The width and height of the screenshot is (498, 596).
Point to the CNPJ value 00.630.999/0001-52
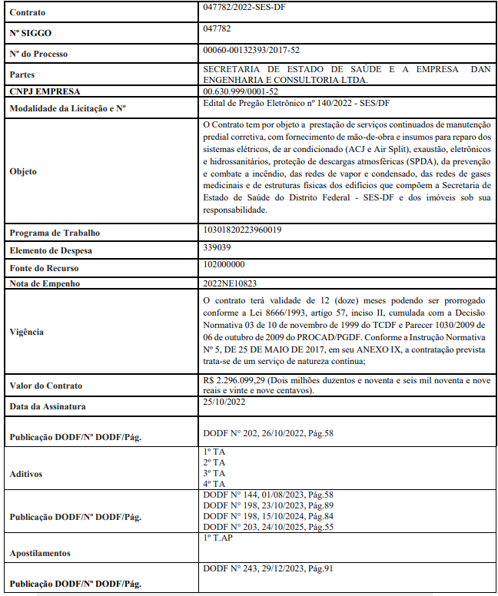coord(241,91)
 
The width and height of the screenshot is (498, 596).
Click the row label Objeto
coord(23,171)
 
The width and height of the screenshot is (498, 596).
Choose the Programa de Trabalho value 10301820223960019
coord(242,230)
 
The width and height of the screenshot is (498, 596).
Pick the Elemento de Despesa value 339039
coord(217,247)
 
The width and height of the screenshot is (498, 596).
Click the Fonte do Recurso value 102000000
coord(224,264)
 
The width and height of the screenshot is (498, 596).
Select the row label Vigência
coord(28,332)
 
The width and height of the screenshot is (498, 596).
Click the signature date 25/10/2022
coord(224,401)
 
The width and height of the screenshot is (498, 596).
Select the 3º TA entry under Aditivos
coord(214,473)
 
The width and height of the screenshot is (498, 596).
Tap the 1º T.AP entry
coord(218,538)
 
